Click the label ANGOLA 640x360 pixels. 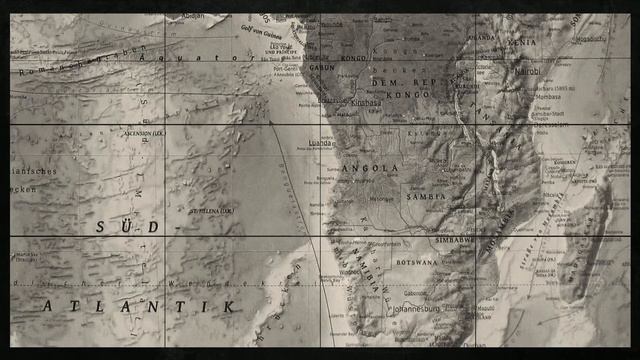coord(371,169)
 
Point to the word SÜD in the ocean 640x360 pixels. coord(127,227)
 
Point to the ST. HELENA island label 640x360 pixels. coord(213,212)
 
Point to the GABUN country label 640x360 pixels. coord(323,67)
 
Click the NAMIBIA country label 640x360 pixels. coord(371,270)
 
